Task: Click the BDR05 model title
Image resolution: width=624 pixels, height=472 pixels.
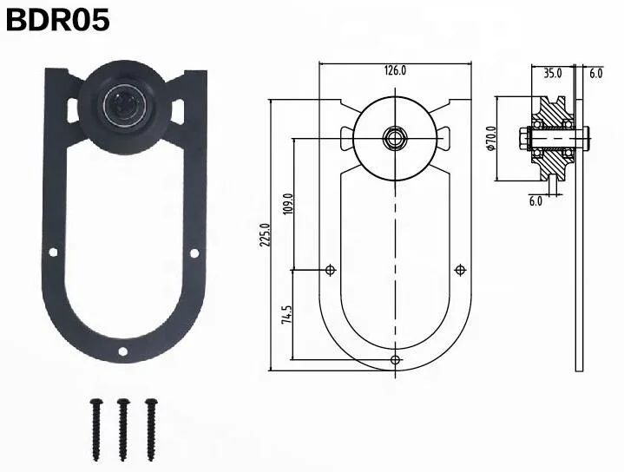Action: click(58, 19)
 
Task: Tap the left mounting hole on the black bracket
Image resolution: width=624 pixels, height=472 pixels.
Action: click(52, 252)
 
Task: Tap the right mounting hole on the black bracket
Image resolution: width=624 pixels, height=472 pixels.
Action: click(194, 252)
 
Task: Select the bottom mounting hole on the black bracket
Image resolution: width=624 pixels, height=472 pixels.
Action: click(123, 351)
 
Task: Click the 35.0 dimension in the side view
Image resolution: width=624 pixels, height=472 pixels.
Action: click(553, 74)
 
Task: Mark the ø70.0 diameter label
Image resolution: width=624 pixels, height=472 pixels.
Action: click(491, 137)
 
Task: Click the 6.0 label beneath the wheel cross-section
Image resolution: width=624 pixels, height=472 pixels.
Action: click(535, 201)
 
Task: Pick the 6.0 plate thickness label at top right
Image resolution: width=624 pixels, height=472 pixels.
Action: click(595, 74)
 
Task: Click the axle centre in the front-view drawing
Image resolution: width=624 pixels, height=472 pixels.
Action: click(395, 136)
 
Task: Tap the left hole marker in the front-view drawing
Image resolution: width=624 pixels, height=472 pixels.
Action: click(330, 271)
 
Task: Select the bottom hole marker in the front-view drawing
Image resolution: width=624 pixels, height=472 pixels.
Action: click(396, 358)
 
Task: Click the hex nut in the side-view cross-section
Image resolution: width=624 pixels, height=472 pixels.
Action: click(524, 137)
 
